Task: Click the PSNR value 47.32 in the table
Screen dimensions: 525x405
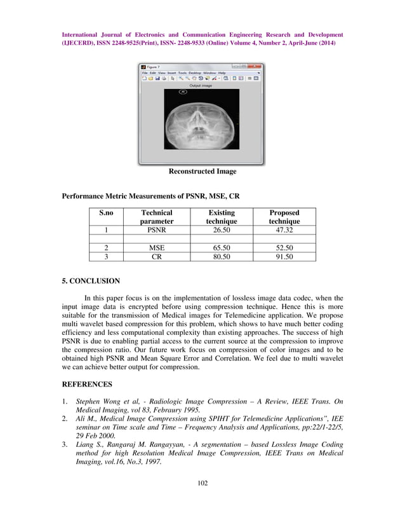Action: (x=284, y=230)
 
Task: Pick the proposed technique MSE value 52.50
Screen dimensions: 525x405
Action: (x=284, y=248)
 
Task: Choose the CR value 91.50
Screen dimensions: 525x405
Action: (x=284, y=257)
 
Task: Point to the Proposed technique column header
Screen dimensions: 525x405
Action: (x=284, y=217)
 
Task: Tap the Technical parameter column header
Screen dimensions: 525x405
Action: (x=157, y=217)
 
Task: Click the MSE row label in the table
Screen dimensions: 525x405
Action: (x=157, y=248)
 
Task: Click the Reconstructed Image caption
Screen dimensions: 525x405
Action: (x=202, y=172)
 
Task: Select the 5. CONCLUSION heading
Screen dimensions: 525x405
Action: (x=90, y=280)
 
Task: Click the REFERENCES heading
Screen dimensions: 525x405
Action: (x=88, y=385)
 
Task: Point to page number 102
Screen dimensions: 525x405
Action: (x=202, y=501)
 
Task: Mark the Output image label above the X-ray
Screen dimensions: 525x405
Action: (x=201, y=85)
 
